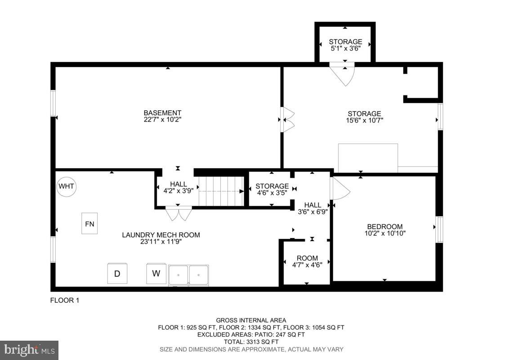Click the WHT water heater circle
pos(67,186)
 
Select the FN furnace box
pos(89,224)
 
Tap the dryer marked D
pos(117,273)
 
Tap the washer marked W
pos(156,273)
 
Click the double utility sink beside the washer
pos(189,275)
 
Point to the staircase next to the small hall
pos(221,191)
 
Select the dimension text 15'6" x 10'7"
pos(364,120)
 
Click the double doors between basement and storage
pos(287,120)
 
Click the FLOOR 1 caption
pos(64,300)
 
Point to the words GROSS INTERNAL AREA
pos(251,320)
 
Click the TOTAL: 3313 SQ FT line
pos(251,342)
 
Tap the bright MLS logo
pos(29,350)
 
